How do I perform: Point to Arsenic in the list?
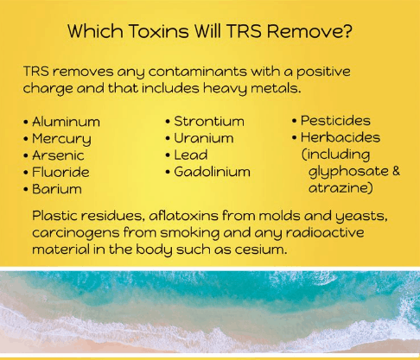pos(60,155)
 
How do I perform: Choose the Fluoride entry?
pos(62,172)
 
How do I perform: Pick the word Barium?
pos(57,188)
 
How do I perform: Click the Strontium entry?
pos(209,121)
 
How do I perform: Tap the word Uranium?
pos(204,138)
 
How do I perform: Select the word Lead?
pos(191,155)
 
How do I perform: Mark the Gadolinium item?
pos(212,172)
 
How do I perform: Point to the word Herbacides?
pos(340,137)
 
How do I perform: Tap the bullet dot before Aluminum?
pos(26,122)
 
